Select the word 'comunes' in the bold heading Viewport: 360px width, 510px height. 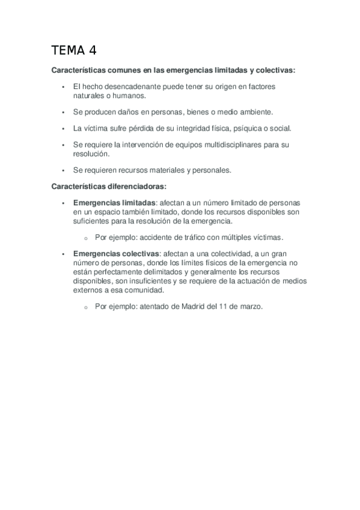coord(123,70)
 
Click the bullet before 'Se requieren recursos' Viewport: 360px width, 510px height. coord(63,170)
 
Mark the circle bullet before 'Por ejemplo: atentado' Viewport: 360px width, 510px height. coord(86,307)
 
